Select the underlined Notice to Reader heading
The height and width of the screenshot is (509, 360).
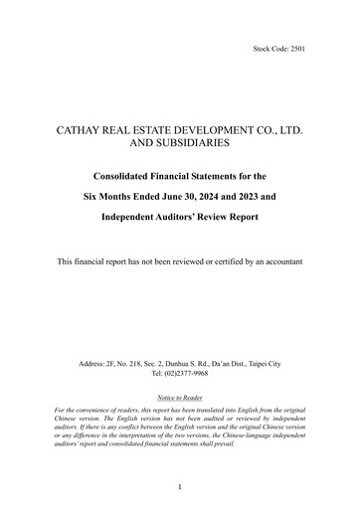(x=180, y=424)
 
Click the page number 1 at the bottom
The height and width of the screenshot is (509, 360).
(x=180, y=487)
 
